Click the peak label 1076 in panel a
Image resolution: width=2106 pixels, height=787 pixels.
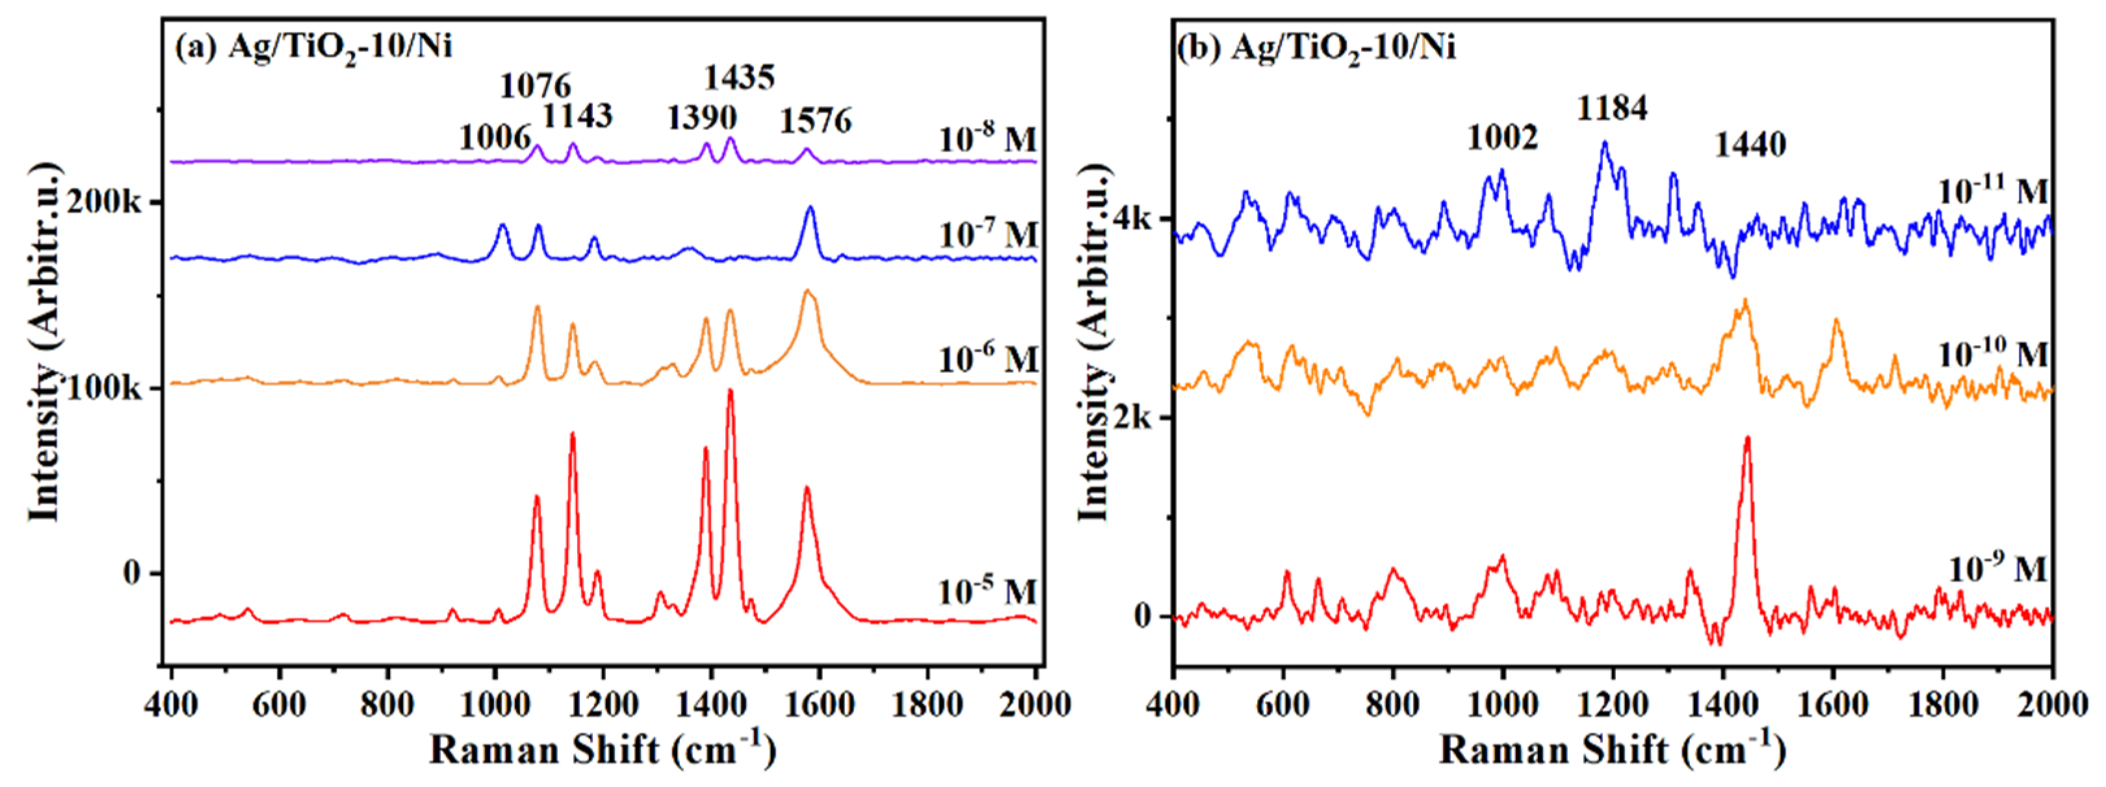(536, 85)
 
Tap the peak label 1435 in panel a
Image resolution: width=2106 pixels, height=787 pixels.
(739, 77)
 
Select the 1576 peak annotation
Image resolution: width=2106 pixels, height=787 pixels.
(815, 121)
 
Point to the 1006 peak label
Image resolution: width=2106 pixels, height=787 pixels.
(495, 137)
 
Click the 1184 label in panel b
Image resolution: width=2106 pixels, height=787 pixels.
(1611, 107)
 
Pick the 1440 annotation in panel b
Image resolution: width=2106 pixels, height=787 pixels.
(1750, 146)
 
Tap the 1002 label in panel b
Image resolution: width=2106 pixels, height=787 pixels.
(1502, 137)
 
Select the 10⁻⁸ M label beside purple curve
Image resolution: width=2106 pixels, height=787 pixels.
(987, 139)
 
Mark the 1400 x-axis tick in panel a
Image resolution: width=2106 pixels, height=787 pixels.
(711, 704)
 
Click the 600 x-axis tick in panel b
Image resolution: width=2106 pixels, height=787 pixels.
(1282, 704)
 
